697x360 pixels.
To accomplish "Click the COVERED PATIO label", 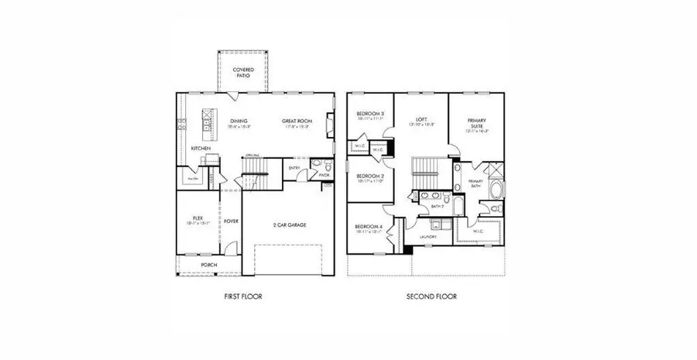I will click(x=243, y=73).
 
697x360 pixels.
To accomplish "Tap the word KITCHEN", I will click(x=201, y=147).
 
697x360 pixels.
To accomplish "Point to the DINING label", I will click(x=239, y=121).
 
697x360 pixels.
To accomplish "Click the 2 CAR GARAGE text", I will click(x=290, y=225).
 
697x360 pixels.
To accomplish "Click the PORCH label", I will click(x=209, y=265).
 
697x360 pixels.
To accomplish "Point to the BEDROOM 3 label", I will click(x=369, y=115).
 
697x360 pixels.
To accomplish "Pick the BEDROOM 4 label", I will click(x=369, y=226).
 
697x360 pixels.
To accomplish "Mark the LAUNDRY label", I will click(x=427, y=236).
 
